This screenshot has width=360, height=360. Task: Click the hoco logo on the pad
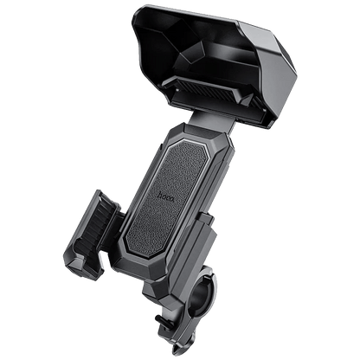(x=166, y=196)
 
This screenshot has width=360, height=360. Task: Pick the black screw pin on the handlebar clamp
(x=160, y=319)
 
